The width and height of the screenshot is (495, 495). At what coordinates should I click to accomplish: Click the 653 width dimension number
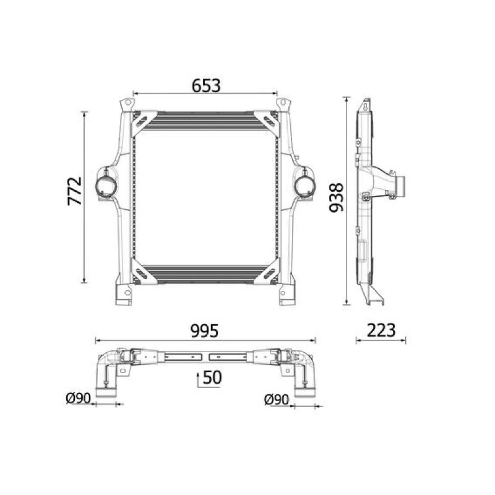(206, 85)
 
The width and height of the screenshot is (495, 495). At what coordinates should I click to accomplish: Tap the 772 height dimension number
(75, 191)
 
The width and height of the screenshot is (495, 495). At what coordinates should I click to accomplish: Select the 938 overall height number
(336, 197)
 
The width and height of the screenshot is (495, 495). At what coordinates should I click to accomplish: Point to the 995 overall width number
(205, 331)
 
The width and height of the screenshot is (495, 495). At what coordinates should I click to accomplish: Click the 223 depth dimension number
(381, 330)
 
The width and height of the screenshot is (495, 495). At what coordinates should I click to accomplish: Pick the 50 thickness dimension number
(212, 377)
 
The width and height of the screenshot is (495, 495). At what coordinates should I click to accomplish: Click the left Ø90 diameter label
(78, 398)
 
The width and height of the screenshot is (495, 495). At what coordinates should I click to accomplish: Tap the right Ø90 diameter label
(276, 400)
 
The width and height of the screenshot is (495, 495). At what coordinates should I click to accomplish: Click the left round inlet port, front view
(106, 187)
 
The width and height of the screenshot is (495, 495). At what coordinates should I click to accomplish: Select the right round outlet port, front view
(304, 187)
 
